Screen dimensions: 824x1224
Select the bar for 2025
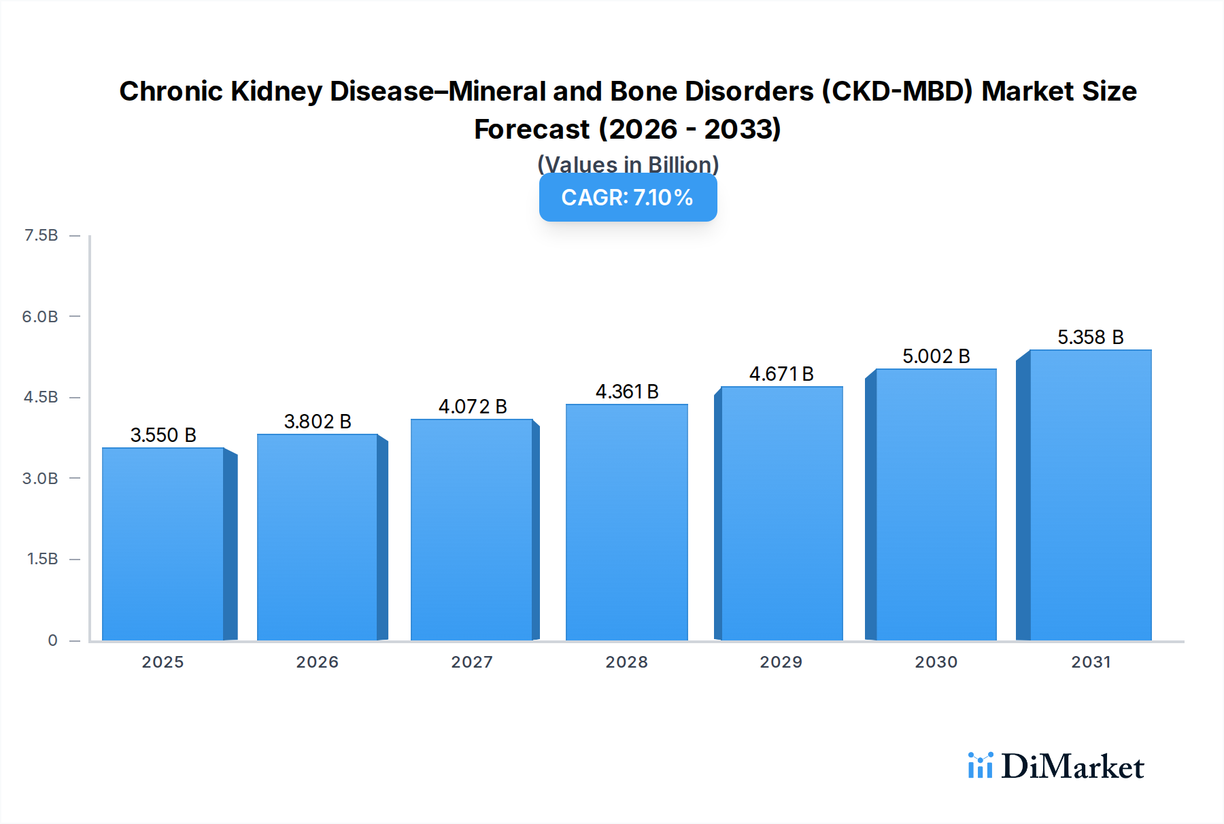point(163,544)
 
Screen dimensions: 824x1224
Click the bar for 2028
point(626,522)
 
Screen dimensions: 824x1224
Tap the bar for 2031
point(1090,495)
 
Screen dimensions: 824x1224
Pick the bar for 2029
point(781,513)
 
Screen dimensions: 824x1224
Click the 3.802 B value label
point(318,422)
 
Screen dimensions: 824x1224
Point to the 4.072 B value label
point(473,407)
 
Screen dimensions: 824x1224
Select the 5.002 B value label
point(936,356)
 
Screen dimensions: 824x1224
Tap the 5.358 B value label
point(1090,337)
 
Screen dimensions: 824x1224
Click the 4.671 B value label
point(781,374)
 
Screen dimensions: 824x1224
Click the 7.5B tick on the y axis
point(41,235)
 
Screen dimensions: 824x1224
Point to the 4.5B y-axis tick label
point(41,397)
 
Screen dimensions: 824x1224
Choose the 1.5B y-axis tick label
point(42,559)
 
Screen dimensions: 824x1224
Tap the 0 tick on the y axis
point(52,640)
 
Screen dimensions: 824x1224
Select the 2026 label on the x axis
point(317,662)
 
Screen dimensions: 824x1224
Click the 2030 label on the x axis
point(936,662)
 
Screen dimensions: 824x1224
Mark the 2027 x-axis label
point(472,662)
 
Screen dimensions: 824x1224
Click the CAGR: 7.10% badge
point(628,198)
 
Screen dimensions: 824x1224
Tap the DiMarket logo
point(1056,767)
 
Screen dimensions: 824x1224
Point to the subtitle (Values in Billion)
point(628,165)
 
